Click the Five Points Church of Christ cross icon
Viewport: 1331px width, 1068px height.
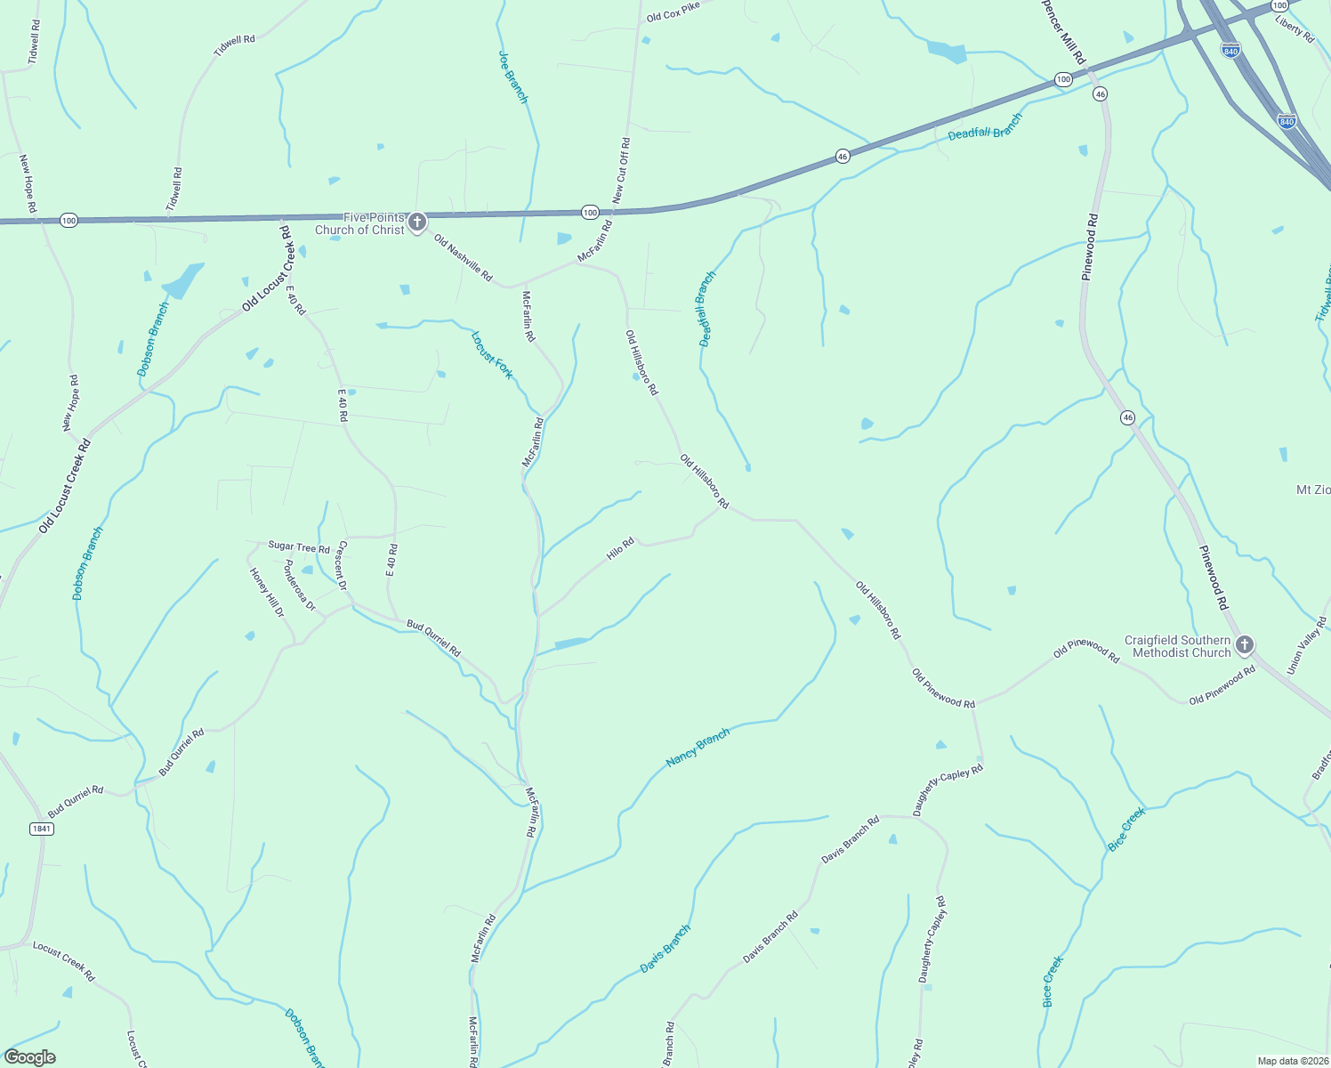[417, 222]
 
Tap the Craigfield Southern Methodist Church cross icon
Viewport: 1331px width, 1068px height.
[1245, 645]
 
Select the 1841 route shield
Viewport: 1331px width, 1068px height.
[42, 829]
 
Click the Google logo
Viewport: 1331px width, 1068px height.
[29, 1057]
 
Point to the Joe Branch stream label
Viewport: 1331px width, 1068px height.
[513, 77]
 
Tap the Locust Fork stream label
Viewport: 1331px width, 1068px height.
[492, 355]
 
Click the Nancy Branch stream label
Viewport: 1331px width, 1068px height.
[698, 748]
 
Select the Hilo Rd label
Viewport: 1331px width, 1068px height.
[620, 548]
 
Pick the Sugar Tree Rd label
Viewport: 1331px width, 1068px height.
[299, 547]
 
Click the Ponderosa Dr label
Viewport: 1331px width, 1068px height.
[299, 585]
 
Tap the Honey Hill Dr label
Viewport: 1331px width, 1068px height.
[267, 593]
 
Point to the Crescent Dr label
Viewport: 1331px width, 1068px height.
[342, 565]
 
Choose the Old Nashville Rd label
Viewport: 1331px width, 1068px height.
[463, 257]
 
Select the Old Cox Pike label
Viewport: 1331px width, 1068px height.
[674, 12]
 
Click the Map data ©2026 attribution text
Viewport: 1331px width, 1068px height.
[1291, 1061]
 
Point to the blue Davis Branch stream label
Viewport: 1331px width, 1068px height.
[665, 949]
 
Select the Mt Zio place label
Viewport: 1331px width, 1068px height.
[1313, 490]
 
